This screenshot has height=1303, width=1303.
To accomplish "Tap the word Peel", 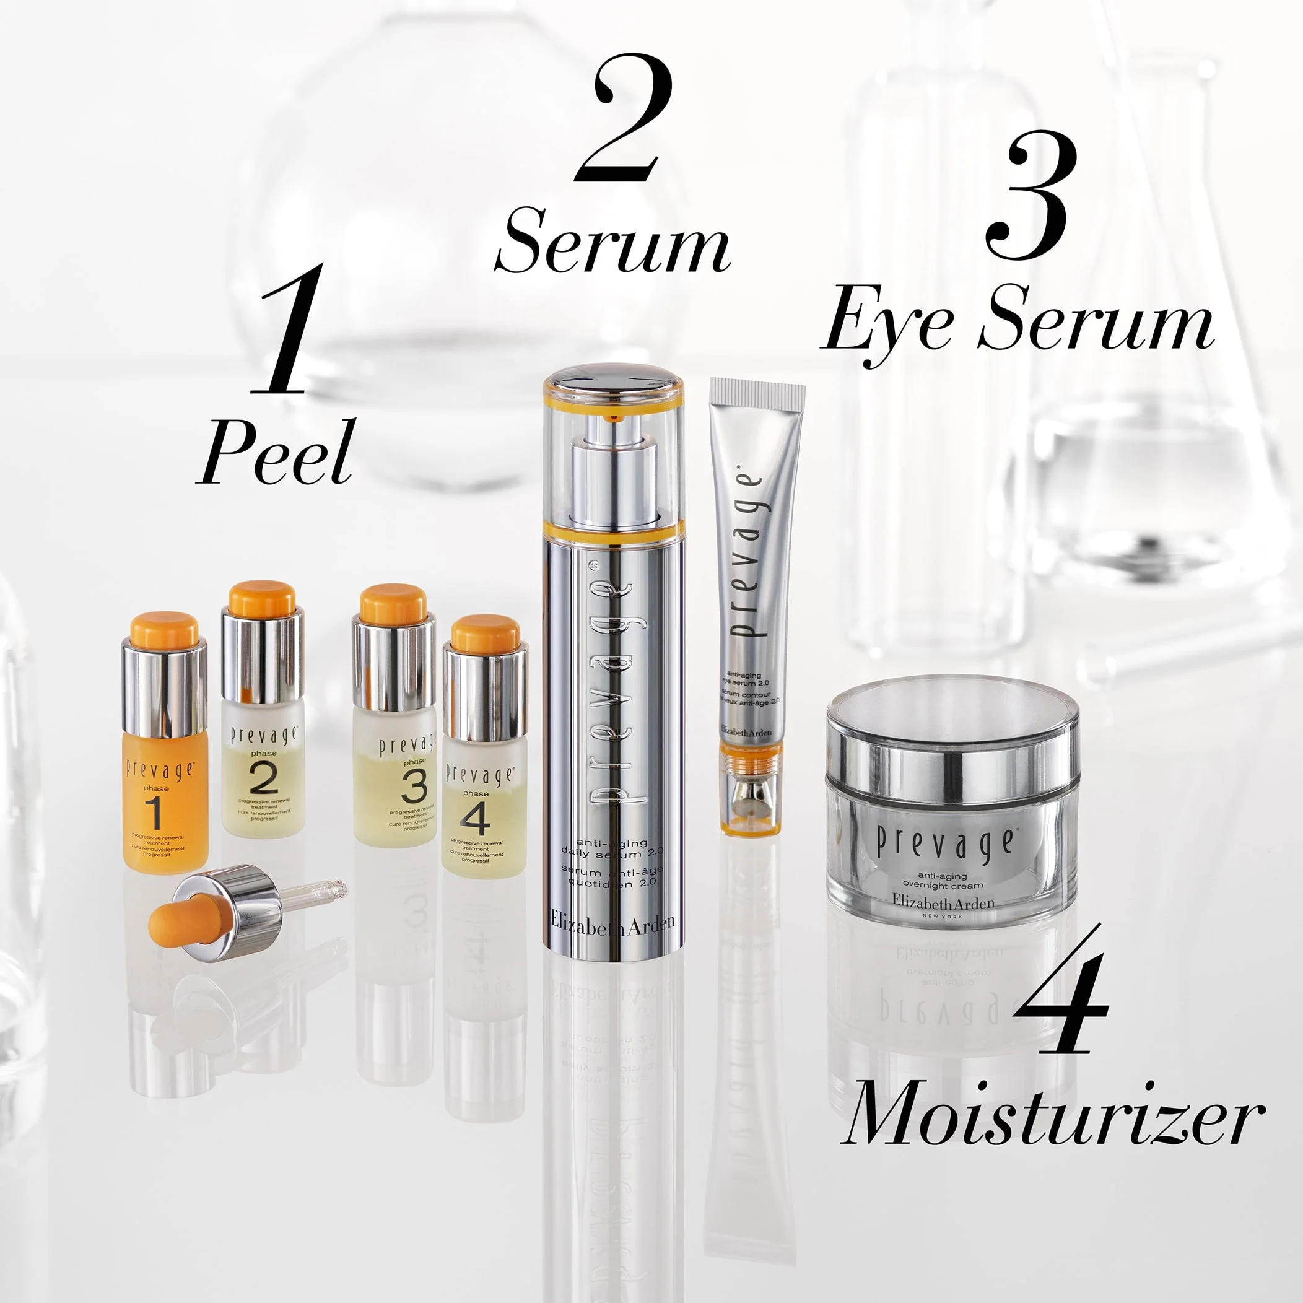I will coord(277,453).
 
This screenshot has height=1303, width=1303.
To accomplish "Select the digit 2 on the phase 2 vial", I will coord(263,779).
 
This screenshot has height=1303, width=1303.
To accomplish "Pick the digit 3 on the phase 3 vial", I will coord(414,787).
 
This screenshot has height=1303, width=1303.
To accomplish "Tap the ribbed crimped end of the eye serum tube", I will coord(757,390).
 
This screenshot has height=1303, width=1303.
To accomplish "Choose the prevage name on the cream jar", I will coord(944,843).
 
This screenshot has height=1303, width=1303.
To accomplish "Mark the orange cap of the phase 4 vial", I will coord(486,634).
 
